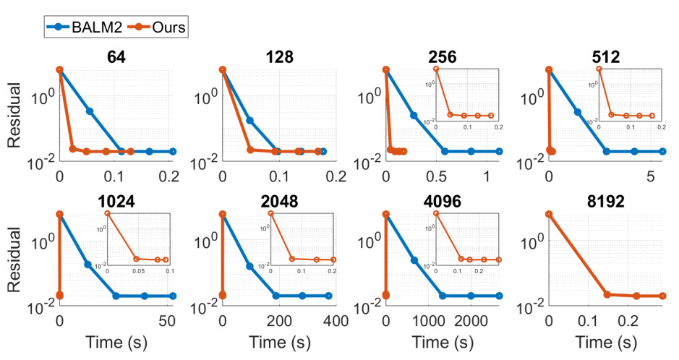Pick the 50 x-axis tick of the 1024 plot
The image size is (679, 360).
click(x=166, y=321)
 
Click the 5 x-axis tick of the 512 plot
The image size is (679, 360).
click(x=649, y=177)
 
